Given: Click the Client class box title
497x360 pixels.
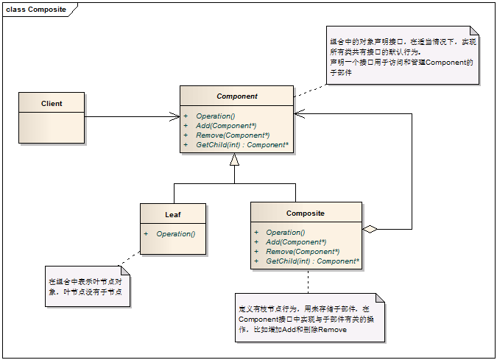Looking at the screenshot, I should pos(52,104).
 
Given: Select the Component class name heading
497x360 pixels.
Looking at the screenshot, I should pos(236,96).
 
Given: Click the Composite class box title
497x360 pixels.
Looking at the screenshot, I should pos(305,213).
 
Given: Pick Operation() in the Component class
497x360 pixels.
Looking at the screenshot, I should pos(215,116).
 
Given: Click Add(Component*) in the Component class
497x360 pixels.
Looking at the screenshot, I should pos(226,126).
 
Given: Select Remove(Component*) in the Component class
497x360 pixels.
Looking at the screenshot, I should pos(232,135).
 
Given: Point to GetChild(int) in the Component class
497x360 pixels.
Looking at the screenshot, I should pos(241,145).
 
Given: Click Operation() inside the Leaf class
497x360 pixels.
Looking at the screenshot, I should pos(175,234).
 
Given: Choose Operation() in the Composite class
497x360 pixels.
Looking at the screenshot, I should pos(285,233).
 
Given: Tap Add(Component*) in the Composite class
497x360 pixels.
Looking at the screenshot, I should pos(296,242).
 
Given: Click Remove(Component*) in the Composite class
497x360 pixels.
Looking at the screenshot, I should pos(302,252).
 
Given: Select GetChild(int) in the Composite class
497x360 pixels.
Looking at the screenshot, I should pos(312,261).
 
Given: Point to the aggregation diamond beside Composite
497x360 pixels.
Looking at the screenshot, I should pos(370,229).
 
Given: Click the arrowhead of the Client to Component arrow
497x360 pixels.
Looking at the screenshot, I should pos(175,116).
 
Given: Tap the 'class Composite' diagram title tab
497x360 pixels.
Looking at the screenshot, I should pos(36,10).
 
